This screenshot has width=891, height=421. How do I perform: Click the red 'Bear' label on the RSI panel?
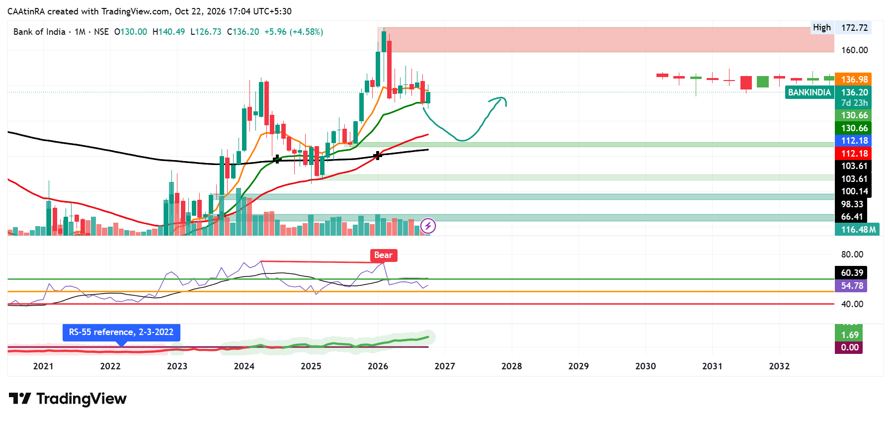pos(383,255)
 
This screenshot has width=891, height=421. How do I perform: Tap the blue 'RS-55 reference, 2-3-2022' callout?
pos(121,332)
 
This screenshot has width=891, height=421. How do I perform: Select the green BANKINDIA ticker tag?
pos(810,92)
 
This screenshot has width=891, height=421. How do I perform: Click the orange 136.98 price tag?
pos(854,80)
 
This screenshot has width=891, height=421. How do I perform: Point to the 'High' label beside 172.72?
pos(822,28)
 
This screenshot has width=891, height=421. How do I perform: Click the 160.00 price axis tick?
pos(854,50)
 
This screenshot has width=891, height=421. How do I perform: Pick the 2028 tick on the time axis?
pos(511,366)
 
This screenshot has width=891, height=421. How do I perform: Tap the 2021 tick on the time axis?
pos(43,366)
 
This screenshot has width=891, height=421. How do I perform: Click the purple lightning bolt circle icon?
pos(428,226)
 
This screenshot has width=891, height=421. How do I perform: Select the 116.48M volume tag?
pos(857,230)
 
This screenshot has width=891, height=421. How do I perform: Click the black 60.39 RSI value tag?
pos(851,273)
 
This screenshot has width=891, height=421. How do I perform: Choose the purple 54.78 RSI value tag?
pos(851,286)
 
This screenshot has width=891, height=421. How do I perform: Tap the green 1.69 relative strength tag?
pos(849,335)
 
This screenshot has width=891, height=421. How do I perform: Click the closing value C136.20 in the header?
pos(243,32)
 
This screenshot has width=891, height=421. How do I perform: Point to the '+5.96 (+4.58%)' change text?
pos(294,32)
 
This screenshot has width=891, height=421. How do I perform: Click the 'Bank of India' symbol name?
pos(39,32)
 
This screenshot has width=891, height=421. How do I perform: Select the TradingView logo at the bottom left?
pos(68,399)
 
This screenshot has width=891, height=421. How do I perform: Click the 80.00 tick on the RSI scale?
pos(852,254)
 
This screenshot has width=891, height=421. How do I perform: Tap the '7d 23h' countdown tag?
pos(854,103)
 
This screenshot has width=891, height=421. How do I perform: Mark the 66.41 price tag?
pos(852,217)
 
